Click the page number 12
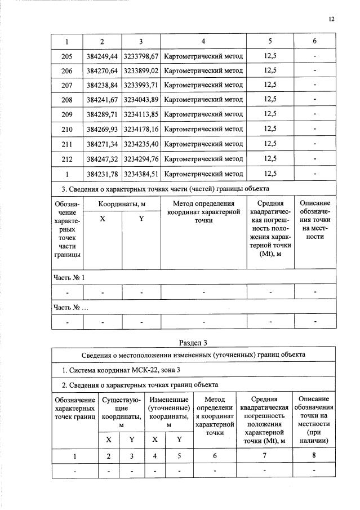pyautogui.click(x=331, y=19)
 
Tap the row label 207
pyautogui.click(x=67, y=85)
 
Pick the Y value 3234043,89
pyautogui.click(x=141, y=100)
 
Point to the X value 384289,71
pyautogui.click(x=103, y=114)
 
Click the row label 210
pyautogui.click(x=67, y=129)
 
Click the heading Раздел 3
pyautogui.click(x=193, y=342)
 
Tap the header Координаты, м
pyautogui.click(x=122, y=203)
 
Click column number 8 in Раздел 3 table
pyautogui.click(x=313, y=456)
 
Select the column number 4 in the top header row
pyautogui.click(x=203, y=41)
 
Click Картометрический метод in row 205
pyautogui.click(x=203, y=56)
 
